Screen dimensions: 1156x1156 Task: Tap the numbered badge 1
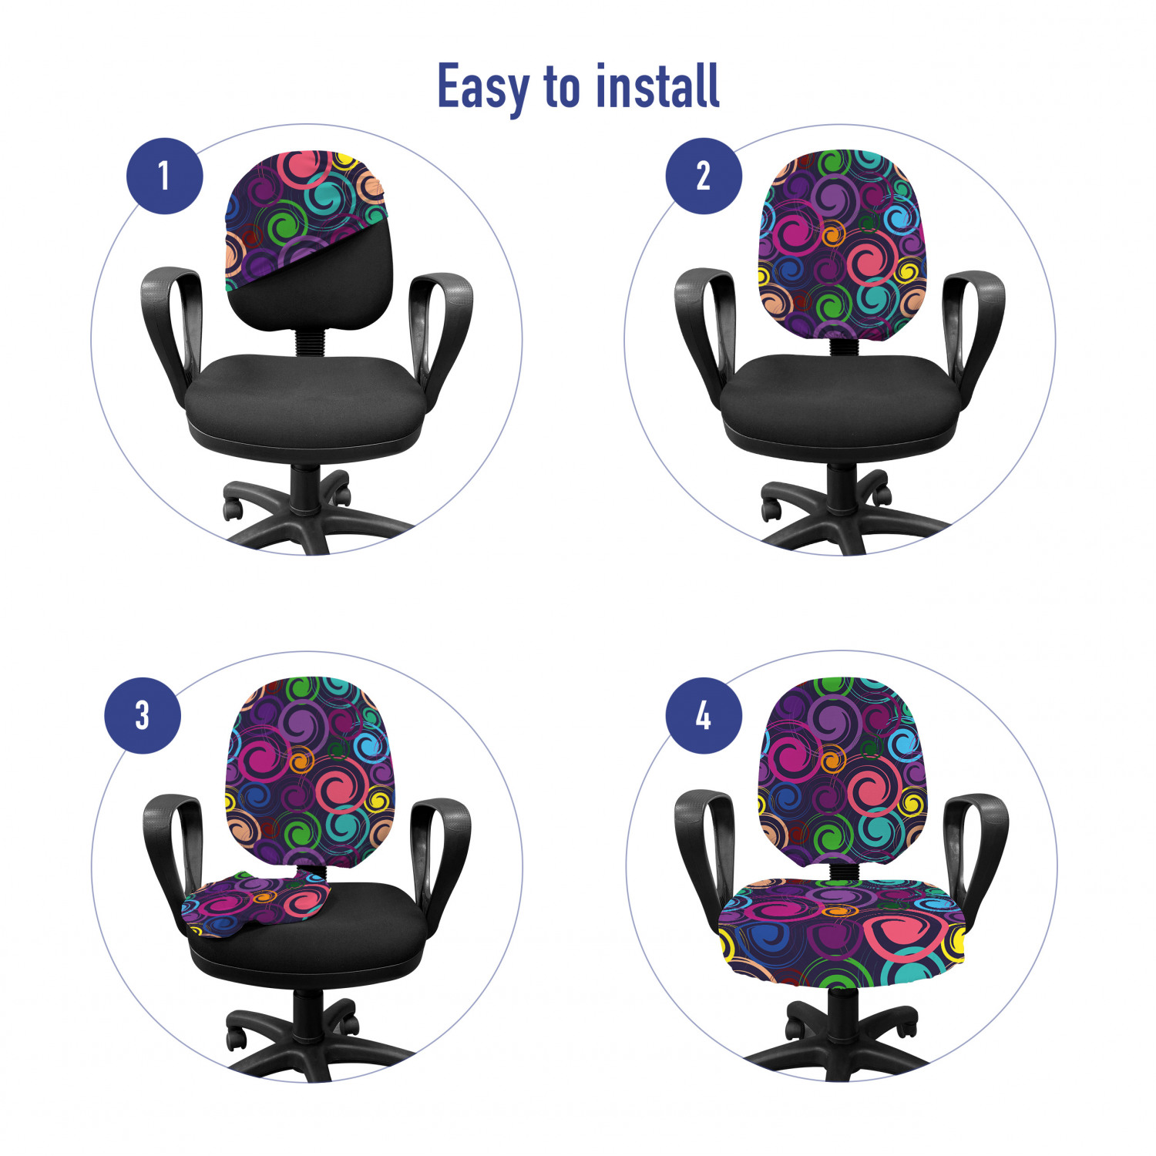165,176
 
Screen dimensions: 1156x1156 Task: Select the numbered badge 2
704,176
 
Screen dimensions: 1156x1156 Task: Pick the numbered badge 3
143,715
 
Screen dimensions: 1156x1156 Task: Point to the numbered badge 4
704,715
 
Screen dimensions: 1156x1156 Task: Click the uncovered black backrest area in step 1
324,285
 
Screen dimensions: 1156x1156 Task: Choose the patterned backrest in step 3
309,771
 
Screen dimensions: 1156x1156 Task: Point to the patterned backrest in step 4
842,771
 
